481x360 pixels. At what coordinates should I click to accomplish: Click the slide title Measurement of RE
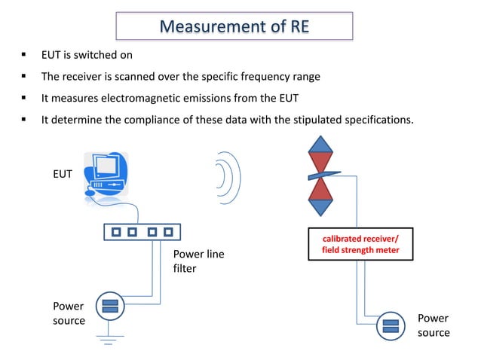coord(234,26)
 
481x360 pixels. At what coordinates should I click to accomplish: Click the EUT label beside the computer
coord(62,173)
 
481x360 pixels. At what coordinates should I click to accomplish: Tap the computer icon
coord(106,174)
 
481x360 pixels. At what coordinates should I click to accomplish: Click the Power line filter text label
coord(198,261)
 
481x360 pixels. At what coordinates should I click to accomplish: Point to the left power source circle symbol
coord(109,307)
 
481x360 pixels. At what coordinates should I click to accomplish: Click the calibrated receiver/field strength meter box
coord(360,245)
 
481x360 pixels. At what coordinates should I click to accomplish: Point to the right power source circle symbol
coord(391,326)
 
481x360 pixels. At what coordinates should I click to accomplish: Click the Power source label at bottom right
coord(434,325)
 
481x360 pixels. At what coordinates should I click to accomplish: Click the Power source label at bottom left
coord(68,313)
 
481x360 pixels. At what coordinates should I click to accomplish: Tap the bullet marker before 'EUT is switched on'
coord(24,55)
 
